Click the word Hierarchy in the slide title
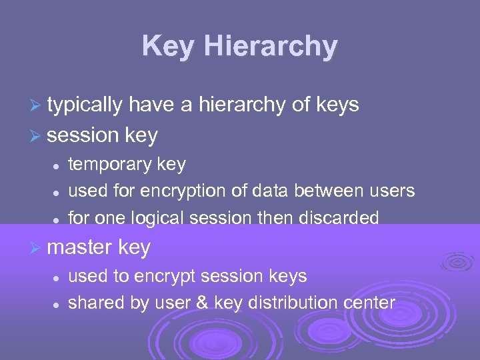tap(271, 47)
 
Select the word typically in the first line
tap(85, 105)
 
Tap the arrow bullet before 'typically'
tap(39, 105)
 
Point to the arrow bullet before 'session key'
tap(39, 137)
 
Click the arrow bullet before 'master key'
tap(39, 249)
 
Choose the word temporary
tap(109, 165)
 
